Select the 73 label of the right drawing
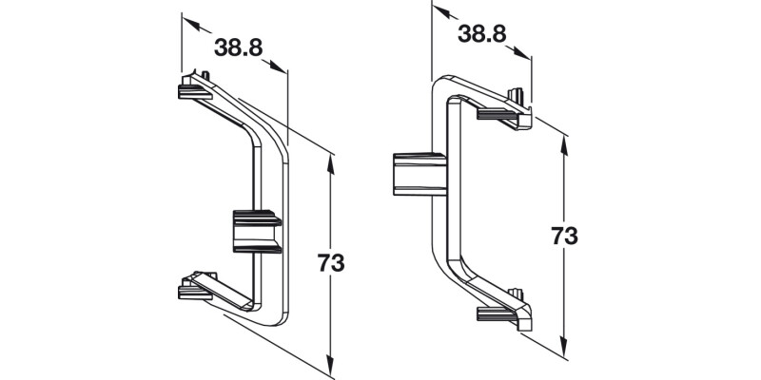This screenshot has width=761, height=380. point(565,236)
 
